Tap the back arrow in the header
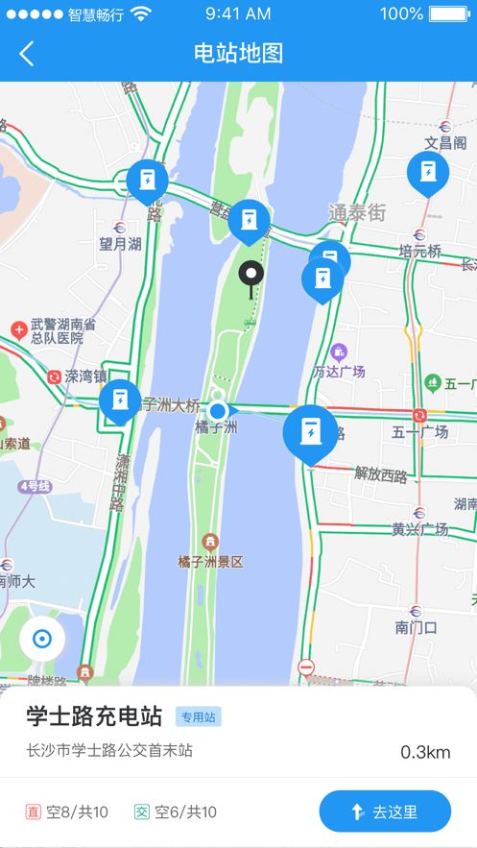(x=27, y=54)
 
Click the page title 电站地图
(x=238, y=54)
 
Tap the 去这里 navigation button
(x=385, y=812)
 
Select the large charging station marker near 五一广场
(x=310, y=434)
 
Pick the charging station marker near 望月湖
(x=147, y=182)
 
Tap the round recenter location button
(x=41, y=639)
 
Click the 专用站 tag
(x=199, y=716)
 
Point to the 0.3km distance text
(x=425, y=752)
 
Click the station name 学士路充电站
(x=94, y=716)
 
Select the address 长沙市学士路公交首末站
(x=109, y=750)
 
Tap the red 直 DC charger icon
(x=35, y=812)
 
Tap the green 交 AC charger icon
(x=142, y=812)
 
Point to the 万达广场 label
(x=339, y=371)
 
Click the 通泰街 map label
(x=357, y=212)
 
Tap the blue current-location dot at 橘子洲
(x=218, y=411)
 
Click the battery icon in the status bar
(x=451, y=14)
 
